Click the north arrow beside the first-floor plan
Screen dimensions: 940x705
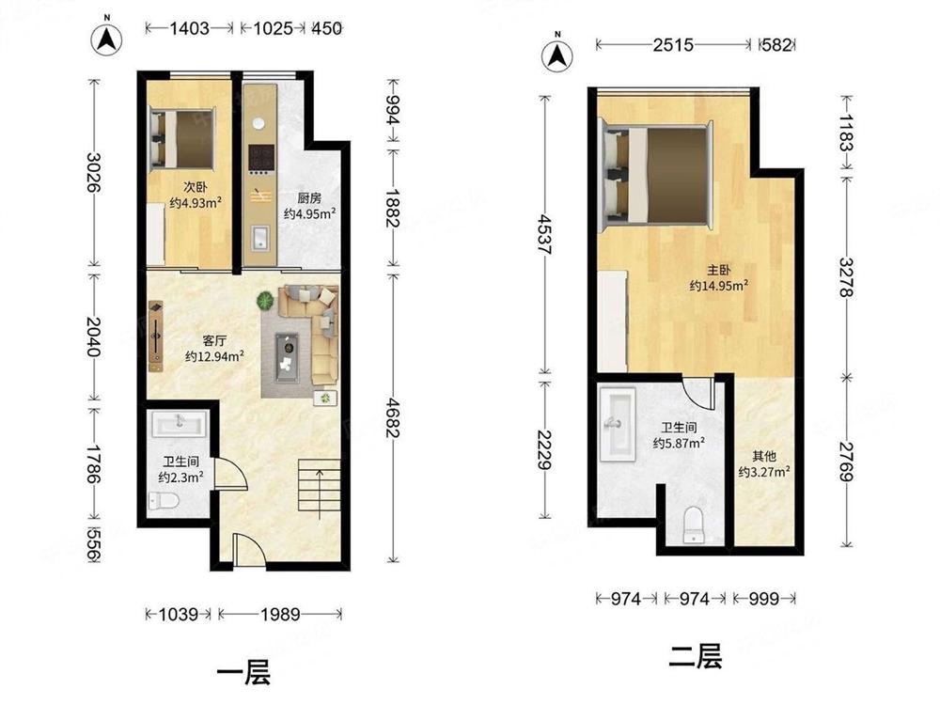point(106,39)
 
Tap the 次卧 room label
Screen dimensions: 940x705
point(196,187)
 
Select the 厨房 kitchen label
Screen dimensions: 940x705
point(309,197)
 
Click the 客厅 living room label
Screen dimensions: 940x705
point(214,341)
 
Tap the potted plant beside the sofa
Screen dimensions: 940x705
point(265,299)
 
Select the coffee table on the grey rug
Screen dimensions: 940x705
point(287,358)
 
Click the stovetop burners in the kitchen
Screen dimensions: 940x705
point(261,158)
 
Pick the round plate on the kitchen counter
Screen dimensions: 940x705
point(258,123)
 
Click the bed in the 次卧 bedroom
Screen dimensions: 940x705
point(182,138)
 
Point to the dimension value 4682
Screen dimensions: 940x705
point(393,417)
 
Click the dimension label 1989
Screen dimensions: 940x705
point(280,614)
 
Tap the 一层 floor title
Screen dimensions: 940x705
point(243,673)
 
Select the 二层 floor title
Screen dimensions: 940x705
point(695,656)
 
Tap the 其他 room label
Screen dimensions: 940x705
point(763,456)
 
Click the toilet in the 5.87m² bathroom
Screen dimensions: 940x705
point(693,525)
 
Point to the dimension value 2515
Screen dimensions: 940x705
point(673,45)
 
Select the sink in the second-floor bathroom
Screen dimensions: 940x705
point(618,425)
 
